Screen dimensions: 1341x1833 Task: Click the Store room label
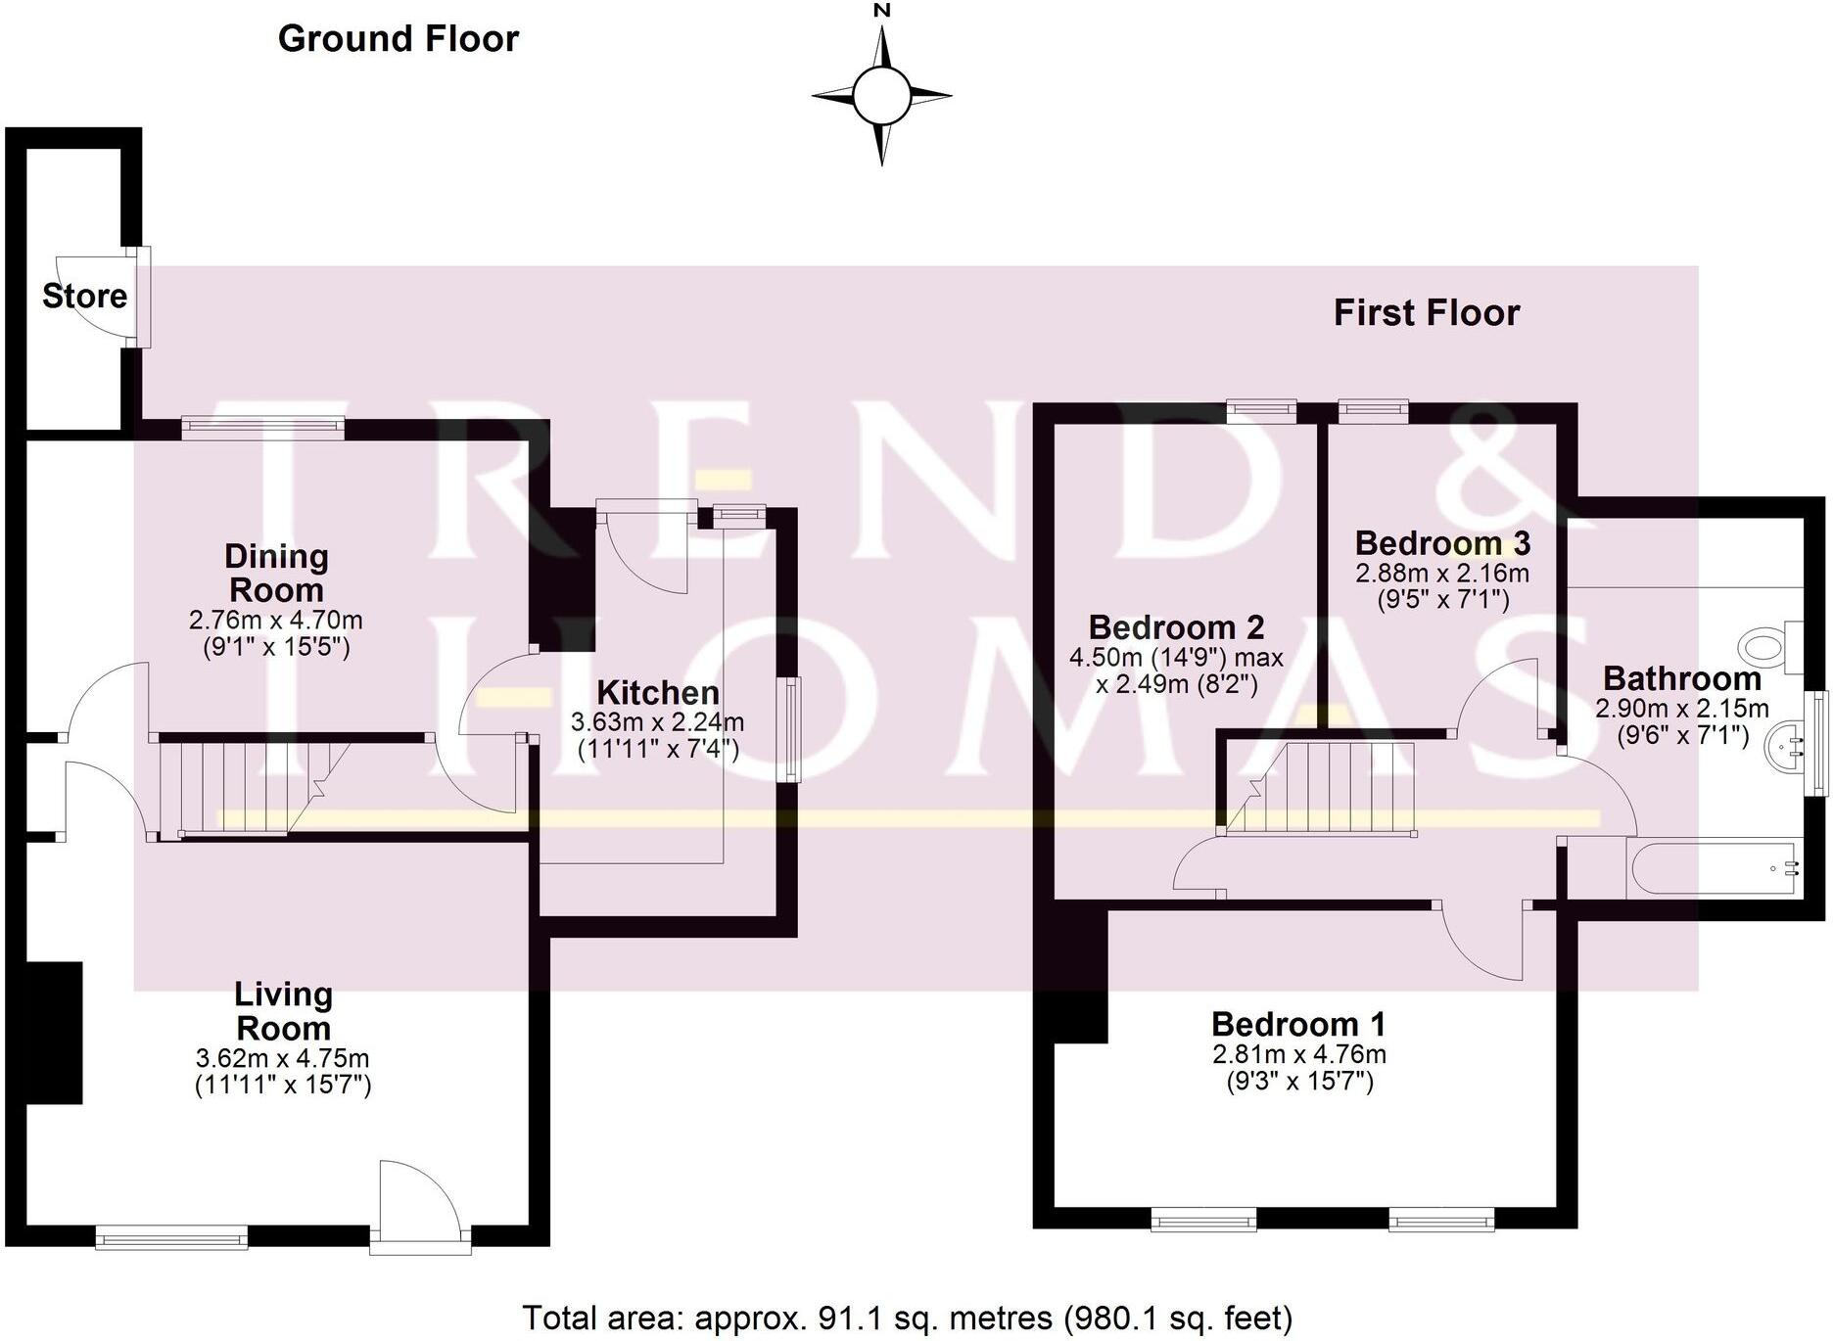click(84, 296)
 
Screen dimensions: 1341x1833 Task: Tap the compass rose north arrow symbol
click(882, 95)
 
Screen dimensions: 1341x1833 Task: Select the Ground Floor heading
click(399, 39)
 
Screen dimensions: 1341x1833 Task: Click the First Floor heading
click(1426, 313)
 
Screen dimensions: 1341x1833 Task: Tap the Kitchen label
click(658, 693)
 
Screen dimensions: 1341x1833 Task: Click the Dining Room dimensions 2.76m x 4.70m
click(276, 621)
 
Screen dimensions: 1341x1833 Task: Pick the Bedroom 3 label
click(1442, 543)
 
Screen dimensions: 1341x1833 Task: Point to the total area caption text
click(907, 1318)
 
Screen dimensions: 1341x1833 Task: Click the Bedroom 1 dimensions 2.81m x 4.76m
click(1298, 1054)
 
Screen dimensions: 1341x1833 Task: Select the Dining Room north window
click(262, 425)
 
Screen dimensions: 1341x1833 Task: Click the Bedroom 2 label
click(1176, 627)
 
